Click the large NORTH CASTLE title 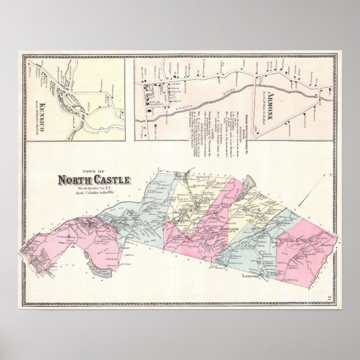(93, 180)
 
